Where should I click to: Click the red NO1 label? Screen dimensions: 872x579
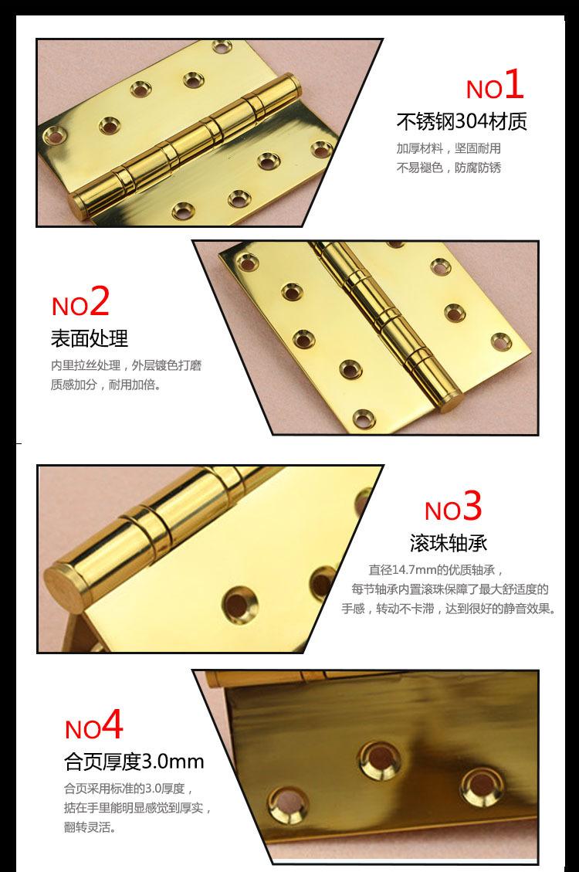[495, 87]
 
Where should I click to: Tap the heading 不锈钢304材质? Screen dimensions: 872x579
[462, 122]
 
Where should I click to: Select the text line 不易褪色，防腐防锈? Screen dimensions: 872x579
[449, 168]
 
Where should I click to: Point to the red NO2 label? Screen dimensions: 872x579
[80, 303]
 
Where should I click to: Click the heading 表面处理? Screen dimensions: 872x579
[90, 338]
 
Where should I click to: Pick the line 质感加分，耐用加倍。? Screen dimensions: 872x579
[106, 385]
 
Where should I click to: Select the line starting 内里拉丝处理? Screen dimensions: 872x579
[126, 365]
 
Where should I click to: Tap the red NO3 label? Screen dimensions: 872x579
[453, 508]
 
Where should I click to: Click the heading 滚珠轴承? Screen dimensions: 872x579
[449, 543]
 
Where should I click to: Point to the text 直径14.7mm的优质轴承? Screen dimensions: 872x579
[436, 571]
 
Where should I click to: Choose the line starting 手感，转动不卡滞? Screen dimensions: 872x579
[449, 609]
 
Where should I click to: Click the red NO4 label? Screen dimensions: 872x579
[93, 726]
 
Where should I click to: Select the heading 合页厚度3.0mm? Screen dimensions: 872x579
[134, 762]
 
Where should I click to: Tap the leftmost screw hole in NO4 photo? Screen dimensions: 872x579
[288, 803]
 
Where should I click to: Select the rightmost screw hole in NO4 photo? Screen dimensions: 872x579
[480, 784]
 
